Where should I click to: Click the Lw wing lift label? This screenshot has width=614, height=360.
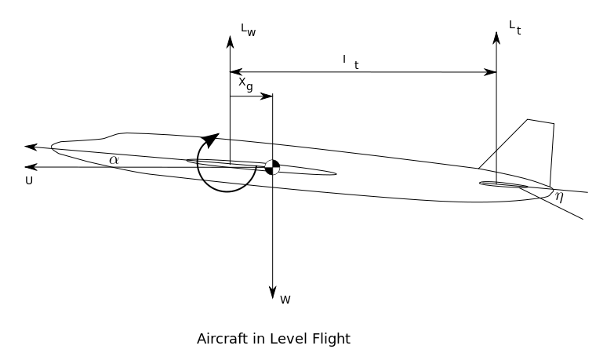click(x=248, y=31)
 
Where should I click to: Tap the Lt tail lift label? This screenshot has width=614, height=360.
click(x=514, y=28)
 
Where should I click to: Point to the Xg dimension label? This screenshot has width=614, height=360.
click(x=245, y=83)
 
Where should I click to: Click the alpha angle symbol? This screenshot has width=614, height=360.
click(x=114, y=160)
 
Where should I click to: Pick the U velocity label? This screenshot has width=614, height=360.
click(x=29, y=180)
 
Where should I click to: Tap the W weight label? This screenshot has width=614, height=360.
click(x=285, y=299)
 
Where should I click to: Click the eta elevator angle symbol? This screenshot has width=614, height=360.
click(x=559, y=196)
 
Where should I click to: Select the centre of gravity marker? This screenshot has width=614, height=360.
click(x=272, y=166)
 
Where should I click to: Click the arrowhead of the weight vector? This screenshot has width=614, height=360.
click(x=272, y=293)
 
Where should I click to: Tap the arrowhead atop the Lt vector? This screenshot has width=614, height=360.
click(x=496, y=37)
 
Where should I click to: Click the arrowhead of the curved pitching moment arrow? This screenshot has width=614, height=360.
click(x=209, y=141)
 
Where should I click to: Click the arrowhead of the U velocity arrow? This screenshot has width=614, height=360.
click(x=31, y=166)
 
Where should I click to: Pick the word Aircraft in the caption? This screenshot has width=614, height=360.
click(x=220, y=339)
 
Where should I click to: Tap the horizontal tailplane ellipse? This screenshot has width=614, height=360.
click(x=503, y=185)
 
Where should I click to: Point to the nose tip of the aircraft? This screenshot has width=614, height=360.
click(x=53, y=146)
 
